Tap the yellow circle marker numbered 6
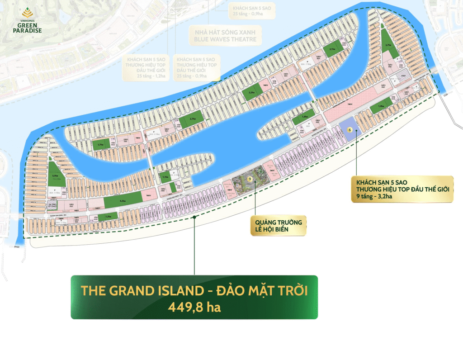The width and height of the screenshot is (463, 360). point(349,129)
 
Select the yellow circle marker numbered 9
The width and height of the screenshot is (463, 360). point(249,179)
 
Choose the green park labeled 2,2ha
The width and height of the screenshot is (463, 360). point(253,93)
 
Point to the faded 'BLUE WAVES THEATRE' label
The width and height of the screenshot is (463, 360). point(225,39)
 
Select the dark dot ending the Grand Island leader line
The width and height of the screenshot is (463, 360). point(194,217)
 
